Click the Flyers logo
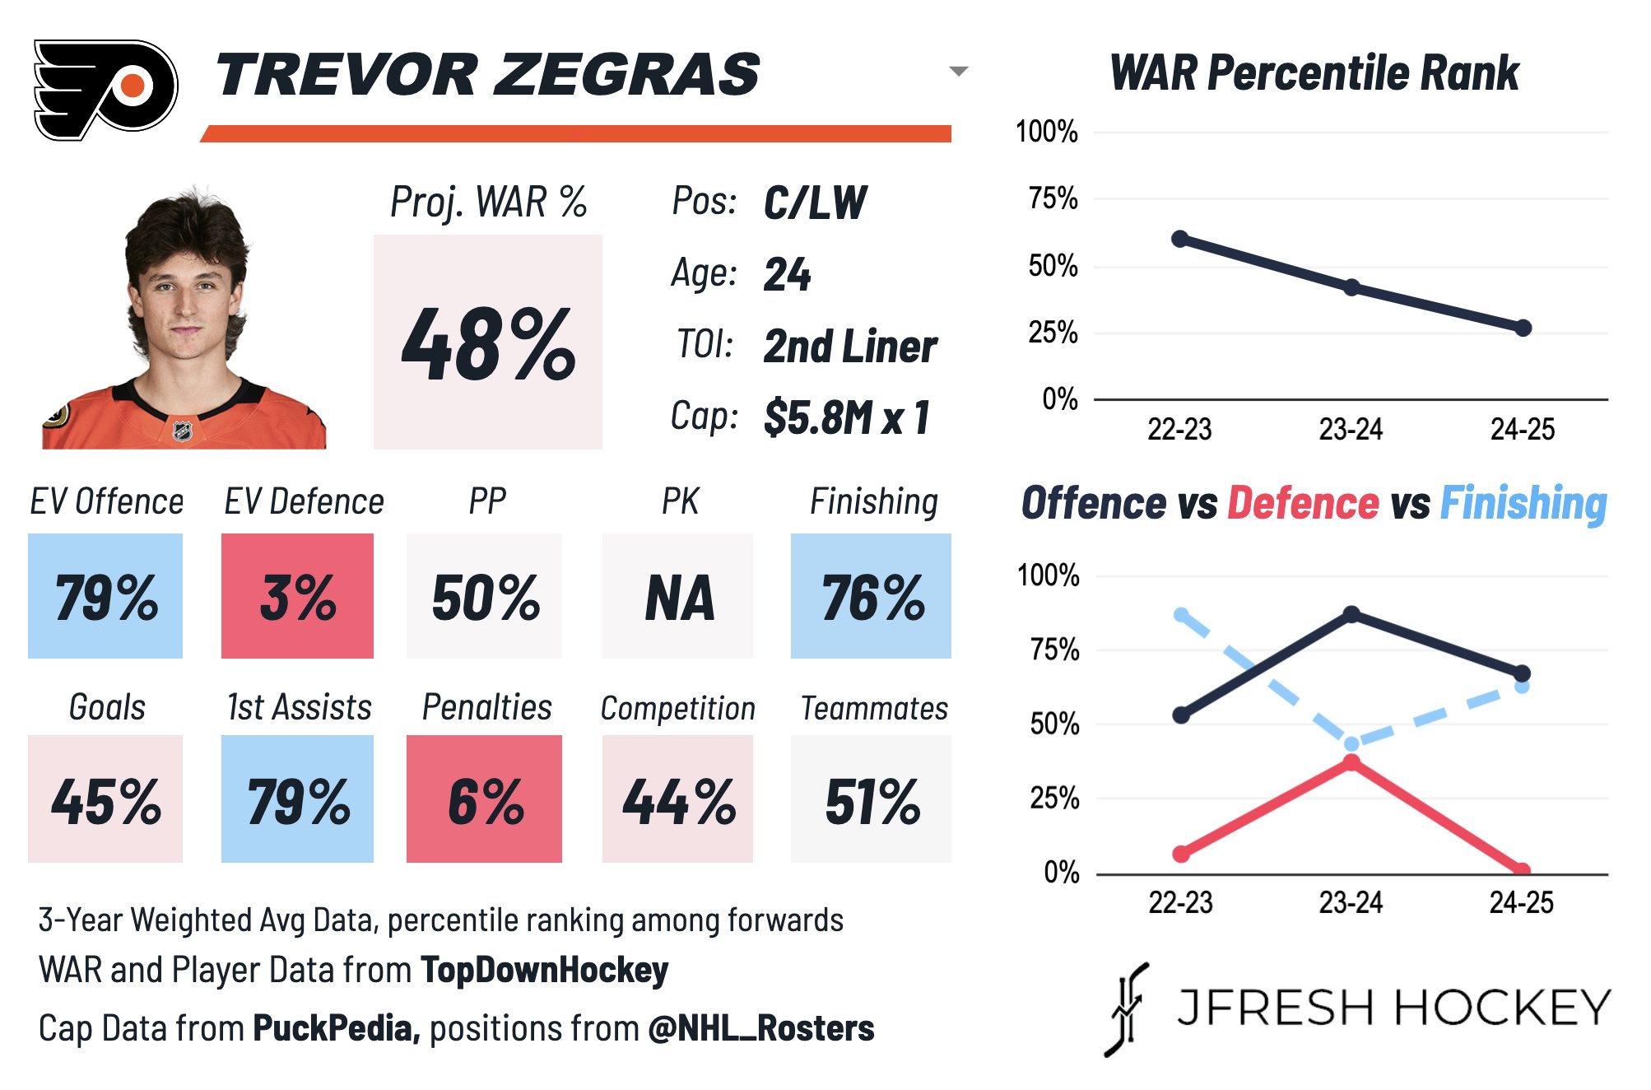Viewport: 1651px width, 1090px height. click(105, 89)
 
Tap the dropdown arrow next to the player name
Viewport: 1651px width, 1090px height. click(958, 72)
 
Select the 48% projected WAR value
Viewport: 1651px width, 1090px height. click(488, 344)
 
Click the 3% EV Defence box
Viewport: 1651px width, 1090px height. click(297, 597)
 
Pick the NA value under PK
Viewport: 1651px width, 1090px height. click(678, 597)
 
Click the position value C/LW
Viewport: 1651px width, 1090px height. click(815, 203)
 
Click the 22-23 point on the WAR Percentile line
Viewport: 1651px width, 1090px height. click(1179, 239)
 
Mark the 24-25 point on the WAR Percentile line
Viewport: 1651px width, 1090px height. click(1523, 328)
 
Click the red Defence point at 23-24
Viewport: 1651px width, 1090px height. click(1351, 762)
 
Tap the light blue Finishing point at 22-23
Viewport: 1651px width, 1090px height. click(1181, 615)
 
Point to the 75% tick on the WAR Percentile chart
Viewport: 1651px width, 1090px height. click(1053, 198)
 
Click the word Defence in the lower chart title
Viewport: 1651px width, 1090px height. click(1302, 503)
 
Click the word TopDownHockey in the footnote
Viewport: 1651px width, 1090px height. click(544, 971)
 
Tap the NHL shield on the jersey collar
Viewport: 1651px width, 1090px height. click(182, 430)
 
